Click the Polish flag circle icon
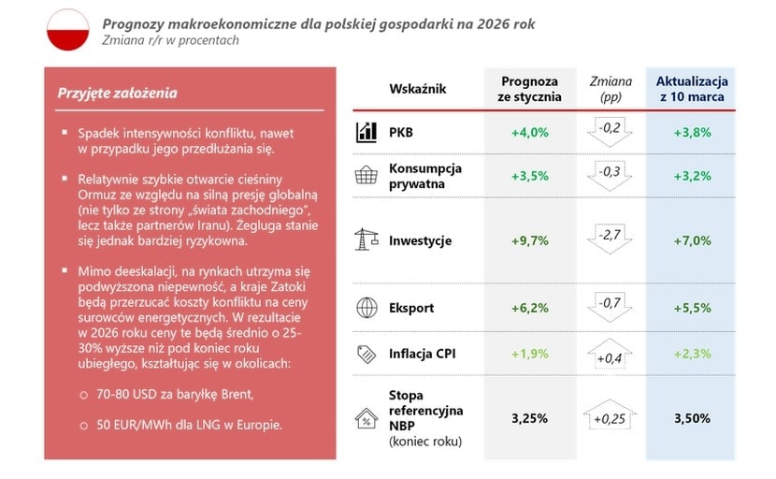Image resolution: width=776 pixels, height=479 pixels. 67,29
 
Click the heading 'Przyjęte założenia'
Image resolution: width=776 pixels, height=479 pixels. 117,94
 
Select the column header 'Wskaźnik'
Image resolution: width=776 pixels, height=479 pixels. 417,89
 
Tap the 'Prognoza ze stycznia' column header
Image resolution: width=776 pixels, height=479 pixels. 530,89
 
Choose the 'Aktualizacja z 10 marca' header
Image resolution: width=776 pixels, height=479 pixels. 692,89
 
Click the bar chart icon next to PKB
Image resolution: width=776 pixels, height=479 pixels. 366,133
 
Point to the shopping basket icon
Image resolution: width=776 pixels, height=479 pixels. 366,176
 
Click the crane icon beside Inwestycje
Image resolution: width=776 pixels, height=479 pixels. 366,240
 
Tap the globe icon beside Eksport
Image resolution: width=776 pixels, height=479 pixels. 366,307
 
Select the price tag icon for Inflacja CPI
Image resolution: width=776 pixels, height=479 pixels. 366,354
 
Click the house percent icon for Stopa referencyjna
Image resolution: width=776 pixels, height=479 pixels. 366,418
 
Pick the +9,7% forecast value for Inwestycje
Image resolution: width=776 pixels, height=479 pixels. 530,241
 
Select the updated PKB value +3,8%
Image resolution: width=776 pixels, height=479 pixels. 692,133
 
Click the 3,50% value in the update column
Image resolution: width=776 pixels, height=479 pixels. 692,418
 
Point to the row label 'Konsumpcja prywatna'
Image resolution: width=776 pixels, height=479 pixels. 424,176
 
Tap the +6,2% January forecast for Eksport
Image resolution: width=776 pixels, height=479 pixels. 530,308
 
